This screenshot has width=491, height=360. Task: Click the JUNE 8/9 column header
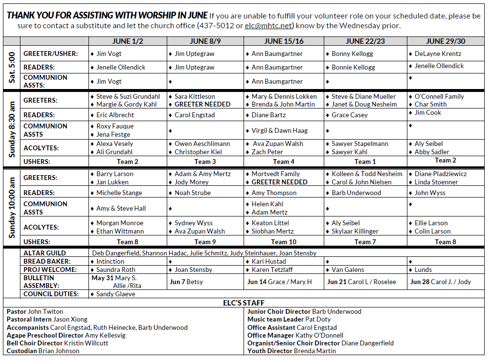205,41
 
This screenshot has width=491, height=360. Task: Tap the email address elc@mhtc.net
269,26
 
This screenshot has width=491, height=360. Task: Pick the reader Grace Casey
350,115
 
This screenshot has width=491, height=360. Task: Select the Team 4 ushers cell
283,162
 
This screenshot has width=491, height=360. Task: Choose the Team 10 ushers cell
283,242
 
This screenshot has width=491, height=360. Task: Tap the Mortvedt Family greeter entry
276,174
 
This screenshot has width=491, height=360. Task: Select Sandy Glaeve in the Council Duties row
116,294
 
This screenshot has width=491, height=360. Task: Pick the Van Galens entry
348,270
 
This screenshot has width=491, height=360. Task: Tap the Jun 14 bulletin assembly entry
280,282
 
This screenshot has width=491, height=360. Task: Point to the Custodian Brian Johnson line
43,351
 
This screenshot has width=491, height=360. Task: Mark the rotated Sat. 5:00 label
12,67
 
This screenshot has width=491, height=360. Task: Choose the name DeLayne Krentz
438,54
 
